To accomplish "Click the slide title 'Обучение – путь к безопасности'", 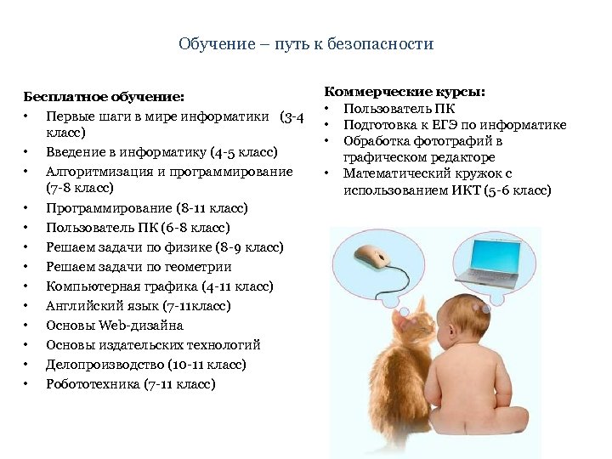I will pyautogui.click(x=306, y=44).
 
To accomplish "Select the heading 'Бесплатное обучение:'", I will pyautogui.click(x=104, y=98).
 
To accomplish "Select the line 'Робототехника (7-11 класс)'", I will pyautogui.click(x=131, y=384).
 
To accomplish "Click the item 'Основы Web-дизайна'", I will pyautogui.click(x=115, y=326).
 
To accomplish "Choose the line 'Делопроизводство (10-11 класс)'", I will pyautogui.click(x=146, y=365).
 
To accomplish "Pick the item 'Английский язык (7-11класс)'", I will pyautogui.click(x=139, y=306).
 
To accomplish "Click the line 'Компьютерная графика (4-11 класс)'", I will pyautogui.click(x=160, y=286).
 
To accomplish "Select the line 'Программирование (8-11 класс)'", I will pyautogui.click(x=147, y=208).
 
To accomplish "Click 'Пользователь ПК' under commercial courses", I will pyautogui.click(x=399, y=108).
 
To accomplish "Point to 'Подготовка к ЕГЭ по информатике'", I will pyautogui.click(x=455, y=125).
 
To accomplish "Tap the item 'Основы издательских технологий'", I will pyautogui.click(x=153, y=345).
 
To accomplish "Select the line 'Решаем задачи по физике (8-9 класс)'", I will pyautogui.click(x=165, y=247).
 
